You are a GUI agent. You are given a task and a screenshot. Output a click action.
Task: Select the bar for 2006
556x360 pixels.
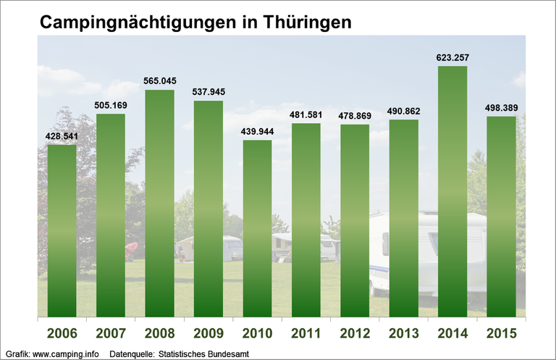62,231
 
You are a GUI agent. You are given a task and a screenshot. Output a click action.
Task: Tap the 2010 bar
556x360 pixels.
257,228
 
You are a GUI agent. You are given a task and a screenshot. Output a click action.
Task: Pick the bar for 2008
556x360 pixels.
159,204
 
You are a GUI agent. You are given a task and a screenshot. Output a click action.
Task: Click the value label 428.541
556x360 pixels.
62,135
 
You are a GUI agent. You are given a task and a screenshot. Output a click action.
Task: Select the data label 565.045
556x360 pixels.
159,80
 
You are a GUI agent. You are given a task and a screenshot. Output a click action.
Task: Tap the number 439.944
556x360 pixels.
257,130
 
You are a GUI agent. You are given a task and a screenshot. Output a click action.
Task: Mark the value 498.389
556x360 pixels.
501,107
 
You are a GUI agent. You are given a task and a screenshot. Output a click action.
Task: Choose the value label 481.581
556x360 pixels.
306,114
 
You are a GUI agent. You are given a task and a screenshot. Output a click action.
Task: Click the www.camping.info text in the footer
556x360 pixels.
65,354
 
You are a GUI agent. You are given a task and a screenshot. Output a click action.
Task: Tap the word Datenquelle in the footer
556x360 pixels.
131,354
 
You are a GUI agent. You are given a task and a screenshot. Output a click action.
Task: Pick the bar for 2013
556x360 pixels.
404,218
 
